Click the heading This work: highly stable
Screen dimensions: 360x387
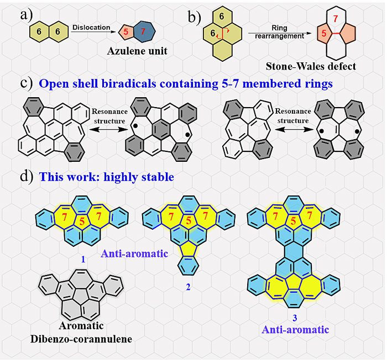[x=104, y=177]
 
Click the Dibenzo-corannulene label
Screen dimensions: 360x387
[x=81, y=338]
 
